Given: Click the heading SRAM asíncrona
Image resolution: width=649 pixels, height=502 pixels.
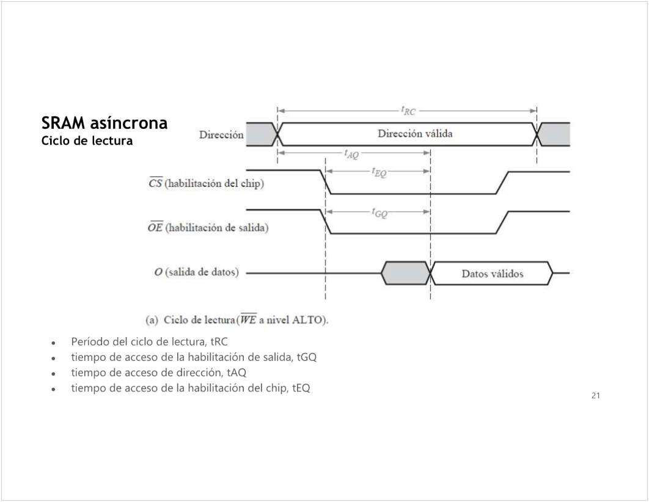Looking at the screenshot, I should tap(105, 123).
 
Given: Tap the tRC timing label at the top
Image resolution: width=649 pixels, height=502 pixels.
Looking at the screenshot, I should tap(408, 111).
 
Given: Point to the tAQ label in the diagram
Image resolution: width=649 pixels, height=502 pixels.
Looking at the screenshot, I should tap(351, 155).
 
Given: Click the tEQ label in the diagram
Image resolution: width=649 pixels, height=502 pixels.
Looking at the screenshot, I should tap(379, 173).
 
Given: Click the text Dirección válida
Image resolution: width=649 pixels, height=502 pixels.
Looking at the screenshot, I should tap(415, 134).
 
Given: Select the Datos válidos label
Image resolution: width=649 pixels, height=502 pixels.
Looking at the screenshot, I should tap(492, 274).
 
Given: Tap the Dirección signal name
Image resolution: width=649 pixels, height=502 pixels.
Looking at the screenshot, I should tap(221, 135).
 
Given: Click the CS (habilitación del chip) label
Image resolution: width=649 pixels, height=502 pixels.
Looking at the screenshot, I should tap(207, 184).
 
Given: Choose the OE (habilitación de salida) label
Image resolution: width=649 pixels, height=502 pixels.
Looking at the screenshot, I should tap(208, 228).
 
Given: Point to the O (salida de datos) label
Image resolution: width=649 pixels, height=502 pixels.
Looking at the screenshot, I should tap(197, 272).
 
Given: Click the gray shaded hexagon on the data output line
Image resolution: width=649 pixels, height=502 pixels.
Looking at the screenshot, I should tap(405, 273).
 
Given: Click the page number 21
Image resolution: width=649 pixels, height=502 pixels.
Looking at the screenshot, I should tap(596, 396).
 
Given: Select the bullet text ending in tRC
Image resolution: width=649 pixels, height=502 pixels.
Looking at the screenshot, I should tap(149, 341).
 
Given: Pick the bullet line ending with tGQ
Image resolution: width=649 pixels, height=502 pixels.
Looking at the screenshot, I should tap(194, 357).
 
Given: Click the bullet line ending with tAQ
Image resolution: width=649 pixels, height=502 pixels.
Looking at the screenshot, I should tap(159, 373).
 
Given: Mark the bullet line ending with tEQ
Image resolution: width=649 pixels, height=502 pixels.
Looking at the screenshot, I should tap(191, 388).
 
